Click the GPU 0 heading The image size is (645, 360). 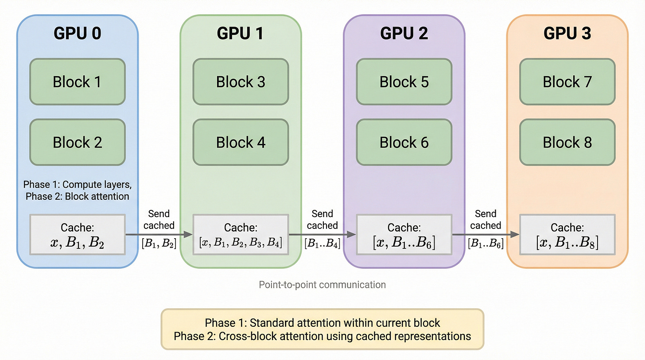click(x=78, y=34)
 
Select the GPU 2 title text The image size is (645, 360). click(x=404, y=34)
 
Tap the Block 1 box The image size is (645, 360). click(x=78, y=82)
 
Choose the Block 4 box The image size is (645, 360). click(x=241, y=142)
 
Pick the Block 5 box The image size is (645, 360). click(x=404, y=82)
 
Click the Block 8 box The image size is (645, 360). click(x=567, y=142)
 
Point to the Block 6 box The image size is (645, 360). click(x=404, y=142)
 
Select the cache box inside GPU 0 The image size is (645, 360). click(x=78, y=235)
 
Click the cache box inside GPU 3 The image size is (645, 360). click(x=567, y=235)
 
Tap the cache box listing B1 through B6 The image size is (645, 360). click(x=404, y=235)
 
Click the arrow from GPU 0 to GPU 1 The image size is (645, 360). click(x=159, y=234)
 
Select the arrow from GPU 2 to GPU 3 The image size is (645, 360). click(x=486, y=234)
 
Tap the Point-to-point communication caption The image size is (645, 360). click(x=322, y=284)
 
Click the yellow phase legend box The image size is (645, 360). click(x=322, y=329)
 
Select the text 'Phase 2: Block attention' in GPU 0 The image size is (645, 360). click(x=78, y=196)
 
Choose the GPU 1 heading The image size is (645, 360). click(x=241, y=34)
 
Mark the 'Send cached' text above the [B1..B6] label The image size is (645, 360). click(x=486, y=220)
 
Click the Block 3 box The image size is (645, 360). click(x=241, y=82)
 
